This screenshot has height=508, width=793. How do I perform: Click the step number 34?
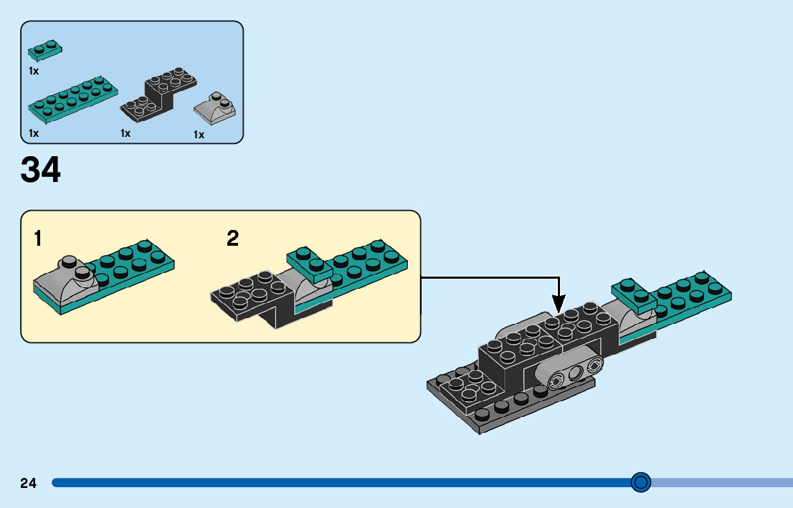tap(41, 171)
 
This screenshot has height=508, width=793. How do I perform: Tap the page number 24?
tap(28, 483)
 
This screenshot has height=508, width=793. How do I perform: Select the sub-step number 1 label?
tap(37, 239)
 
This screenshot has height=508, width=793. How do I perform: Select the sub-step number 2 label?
tap(232, 239)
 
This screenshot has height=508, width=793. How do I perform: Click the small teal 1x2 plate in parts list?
tap(44, 49)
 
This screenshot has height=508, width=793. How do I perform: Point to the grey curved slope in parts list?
tap(215, 109)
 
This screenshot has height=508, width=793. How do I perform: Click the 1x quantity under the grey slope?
tap(199, 135)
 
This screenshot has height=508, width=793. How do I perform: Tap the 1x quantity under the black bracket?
tap(125, 133)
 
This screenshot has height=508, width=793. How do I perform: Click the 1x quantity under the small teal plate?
tap(34, 71)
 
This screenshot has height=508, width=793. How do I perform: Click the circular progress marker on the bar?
tap(641, 482)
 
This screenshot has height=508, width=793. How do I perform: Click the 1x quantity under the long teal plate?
tap(34, 133)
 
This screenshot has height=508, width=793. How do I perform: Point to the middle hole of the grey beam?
tap(574, 373)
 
